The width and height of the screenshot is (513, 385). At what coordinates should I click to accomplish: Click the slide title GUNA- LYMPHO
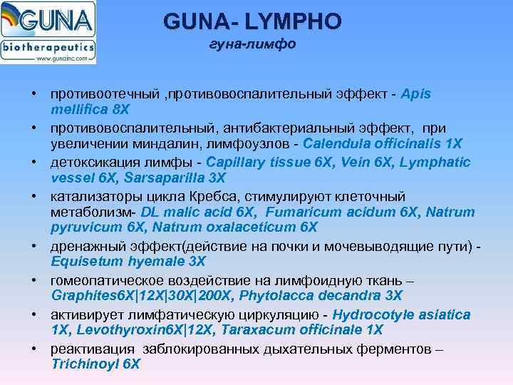coord(252,21)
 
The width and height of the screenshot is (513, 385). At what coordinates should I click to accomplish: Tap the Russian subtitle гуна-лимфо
coord(252,45)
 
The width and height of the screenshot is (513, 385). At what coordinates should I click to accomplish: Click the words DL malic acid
coord(183,212)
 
